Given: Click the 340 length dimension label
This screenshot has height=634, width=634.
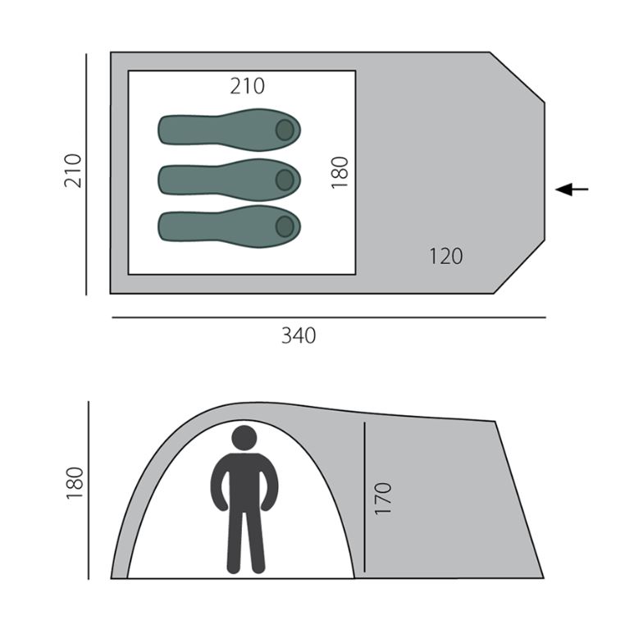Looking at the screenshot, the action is tap(299, 335).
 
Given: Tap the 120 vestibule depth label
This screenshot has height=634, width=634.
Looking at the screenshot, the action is tap(445, 257).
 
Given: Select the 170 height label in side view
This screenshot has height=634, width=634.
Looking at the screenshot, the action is tap(383, 498).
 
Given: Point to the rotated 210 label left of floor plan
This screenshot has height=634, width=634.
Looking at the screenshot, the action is tap(73, 171).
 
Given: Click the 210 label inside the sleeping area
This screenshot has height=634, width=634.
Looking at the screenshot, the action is tap(248, 86).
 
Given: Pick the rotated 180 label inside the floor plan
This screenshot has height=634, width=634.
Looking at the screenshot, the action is tap(340, 173).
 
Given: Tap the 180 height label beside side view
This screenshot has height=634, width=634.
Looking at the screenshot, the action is tap(75, 483).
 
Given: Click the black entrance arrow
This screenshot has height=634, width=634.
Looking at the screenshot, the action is tap(572, 189).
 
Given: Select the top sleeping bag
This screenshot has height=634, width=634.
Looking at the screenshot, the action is tap(229, 130).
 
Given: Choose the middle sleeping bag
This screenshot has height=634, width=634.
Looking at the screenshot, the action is tap(229, 180).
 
